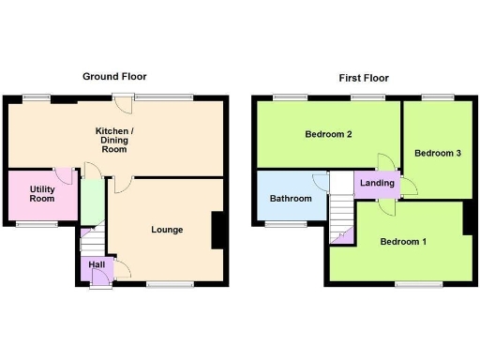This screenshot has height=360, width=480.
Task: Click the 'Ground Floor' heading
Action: click(114, 77)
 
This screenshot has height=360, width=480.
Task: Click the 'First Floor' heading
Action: click(363, 78)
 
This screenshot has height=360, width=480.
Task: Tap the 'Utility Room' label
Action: click(41, 194)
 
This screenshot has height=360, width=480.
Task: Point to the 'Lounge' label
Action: click(167, 230)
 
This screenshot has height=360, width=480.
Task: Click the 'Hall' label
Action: click(97, 264)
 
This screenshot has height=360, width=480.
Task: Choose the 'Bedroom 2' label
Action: click(328, 135)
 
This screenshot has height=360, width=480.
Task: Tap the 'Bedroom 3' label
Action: click(437, 153)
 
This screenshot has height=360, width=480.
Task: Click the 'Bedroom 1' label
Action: click(403, 242)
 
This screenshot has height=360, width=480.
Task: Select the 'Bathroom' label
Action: click(291, 199)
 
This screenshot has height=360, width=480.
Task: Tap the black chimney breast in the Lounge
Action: click(217, 231)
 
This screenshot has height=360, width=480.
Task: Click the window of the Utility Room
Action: click(37, 224)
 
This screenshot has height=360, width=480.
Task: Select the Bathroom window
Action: click(280, 224)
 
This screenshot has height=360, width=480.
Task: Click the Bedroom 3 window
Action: click(437, 97)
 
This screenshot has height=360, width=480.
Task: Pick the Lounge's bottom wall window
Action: click(170, 283)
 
